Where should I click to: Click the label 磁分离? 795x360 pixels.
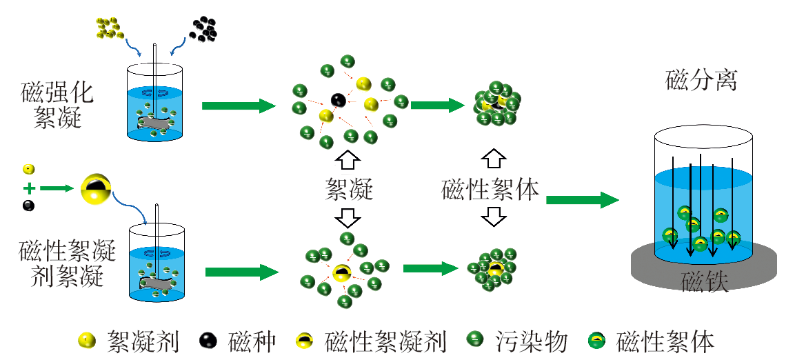(701, 80)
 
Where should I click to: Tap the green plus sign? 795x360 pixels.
(29, 188)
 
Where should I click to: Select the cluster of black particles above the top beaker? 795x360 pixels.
(202, 30)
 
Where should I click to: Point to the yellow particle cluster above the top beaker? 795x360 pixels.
(110, 28)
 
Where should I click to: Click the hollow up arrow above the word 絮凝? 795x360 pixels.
(348, 162)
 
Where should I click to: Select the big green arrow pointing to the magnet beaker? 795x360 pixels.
(583, 200)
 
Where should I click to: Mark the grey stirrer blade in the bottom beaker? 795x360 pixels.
(158, 284)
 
